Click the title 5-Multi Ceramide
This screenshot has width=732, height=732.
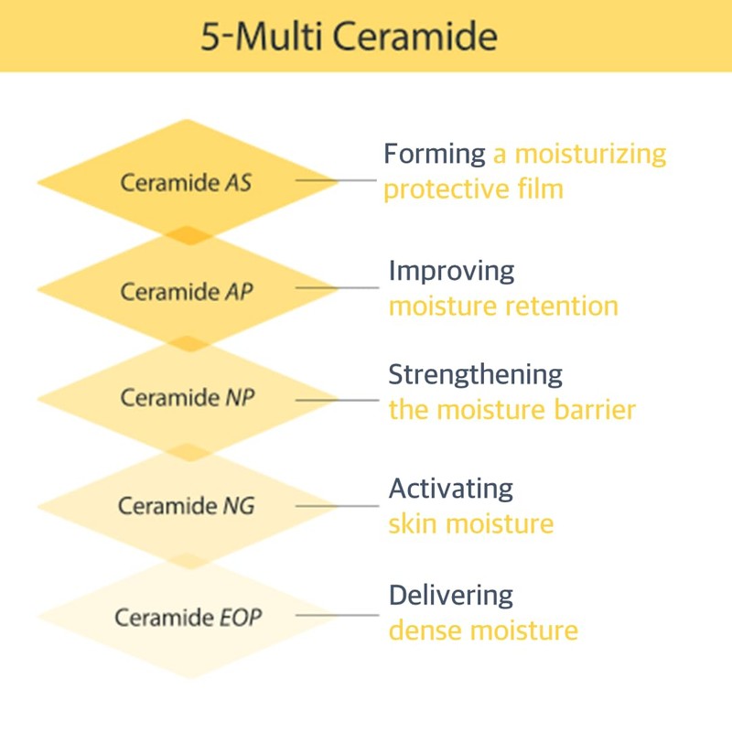(350, 37)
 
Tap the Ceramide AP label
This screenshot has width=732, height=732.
(187, 291)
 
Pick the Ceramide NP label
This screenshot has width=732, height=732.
(187, 398)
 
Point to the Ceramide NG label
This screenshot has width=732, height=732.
(187, 505)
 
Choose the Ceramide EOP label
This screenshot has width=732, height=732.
(188, 616)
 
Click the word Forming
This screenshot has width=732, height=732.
(435, 154)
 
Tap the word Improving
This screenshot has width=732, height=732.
(451, 270)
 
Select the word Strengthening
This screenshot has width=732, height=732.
(475, 374)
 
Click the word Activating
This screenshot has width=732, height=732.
(450, 488)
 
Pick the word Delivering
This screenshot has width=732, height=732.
(450, 595)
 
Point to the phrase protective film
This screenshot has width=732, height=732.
(473, 189)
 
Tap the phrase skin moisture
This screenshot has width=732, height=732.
(471, 523)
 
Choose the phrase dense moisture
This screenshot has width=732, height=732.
(483, 630)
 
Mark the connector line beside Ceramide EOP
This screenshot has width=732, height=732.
(337, 615)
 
